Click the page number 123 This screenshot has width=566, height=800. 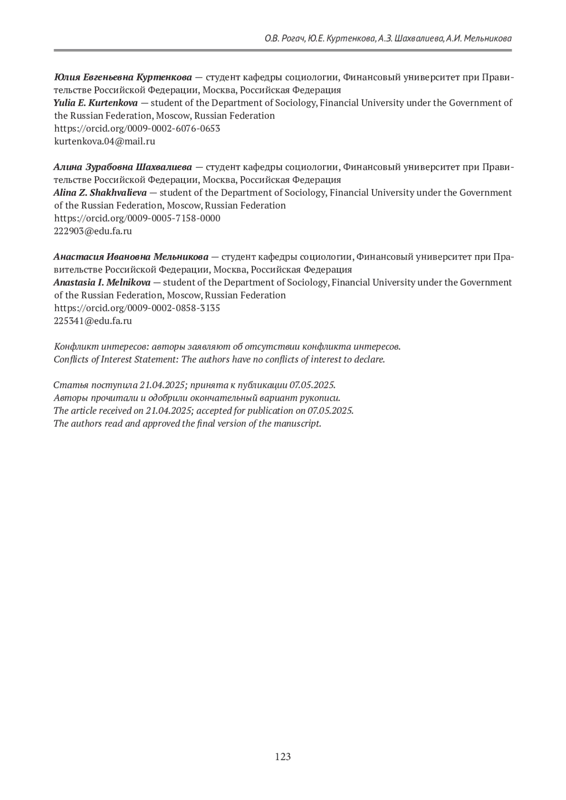point(283,757)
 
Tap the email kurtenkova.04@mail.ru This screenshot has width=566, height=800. point(105,141)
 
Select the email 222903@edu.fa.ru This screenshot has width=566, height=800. point(93,231)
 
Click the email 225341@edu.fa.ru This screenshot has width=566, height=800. point(93,321)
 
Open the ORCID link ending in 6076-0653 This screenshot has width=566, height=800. point(137,128)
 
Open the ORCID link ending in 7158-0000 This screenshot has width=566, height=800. point(137,218)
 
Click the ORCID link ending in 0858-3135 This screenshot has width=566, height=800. point(137,308)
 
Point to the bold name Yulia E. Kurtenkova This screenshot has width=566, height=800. point(96,103)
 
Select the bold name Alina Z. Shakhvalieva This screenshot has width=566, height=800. point(100,192)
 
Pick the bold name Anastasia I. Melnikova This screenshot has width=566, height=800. point(102,282)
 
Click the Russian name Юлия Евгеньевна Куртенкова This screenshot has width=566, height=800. point(123,77)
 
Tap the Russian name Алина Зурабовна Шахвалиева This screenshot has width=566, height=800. point(123,167)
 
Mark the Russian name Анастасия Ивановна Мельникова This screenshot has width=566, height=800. point(131,257)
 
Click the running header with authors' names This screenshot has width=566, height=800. point(388,38)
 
